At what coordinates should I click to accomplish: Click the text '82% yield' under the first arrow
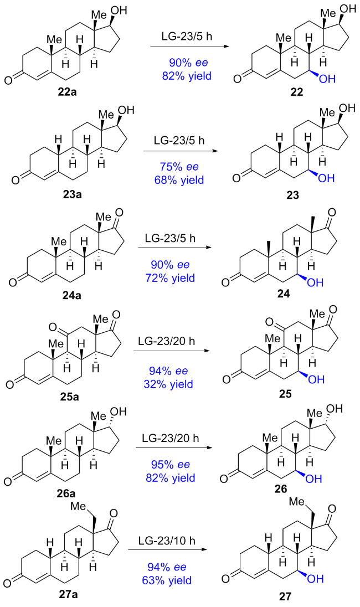coord(186,74)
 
